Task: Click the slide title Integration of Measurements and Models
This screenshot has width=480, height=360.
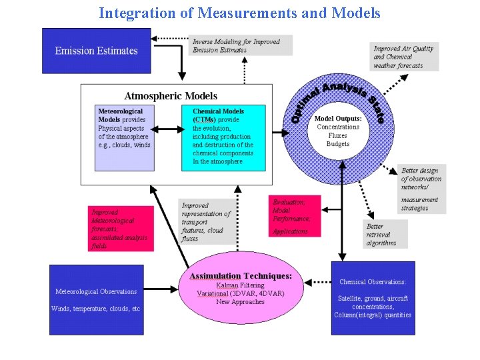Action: click(239, 13)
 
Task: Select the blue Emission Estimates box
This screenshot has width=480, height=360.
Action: click(97, 51)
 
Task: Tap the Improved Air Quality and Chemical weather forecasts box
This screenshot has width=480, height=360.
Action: click(405, 57)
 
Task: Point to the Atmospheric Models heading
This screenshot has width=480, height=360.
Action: click(171, 96)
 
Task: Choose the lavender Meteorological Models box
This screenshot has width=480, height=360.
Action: click(125, 136)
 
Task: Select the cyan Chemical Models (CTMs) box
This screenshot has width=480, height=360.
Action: click(223, 137)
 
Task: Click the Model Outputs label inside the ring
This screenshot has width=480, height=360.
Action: click(338, 119)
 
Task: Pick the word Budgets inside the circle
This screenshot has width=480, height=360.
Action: click(338, 144)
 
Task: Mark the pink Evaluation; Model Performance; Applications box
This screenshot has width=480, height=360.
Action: click(295, 215)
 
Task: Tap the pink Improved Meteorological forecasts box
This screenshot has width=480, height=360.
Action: click(121, 228)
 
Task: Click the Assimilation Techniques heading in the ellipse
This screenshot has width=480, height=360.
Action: click(241, 276)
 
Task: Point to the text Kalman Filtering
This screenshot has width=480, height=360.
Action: click(240, 285)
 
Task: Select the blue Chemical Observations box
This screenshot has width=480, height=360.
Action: click(373, 298)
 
